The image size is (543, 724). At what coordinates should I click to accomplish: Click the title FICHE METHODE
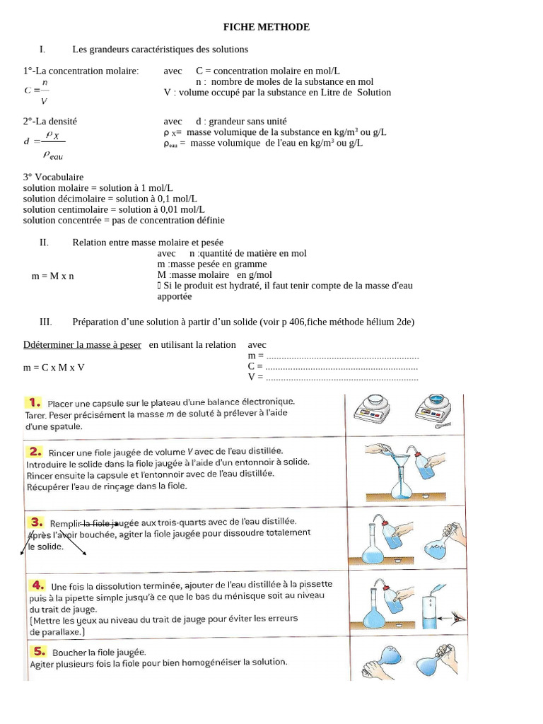tap(267, 27)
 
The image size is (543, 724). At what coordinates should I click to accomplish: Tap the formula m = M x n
tap(53, 276)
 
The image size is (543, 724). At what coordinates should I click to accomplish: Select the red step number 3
tap(36, 522)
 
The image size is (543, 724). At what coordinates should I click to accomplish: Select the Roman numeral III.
tap(46, 322)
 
